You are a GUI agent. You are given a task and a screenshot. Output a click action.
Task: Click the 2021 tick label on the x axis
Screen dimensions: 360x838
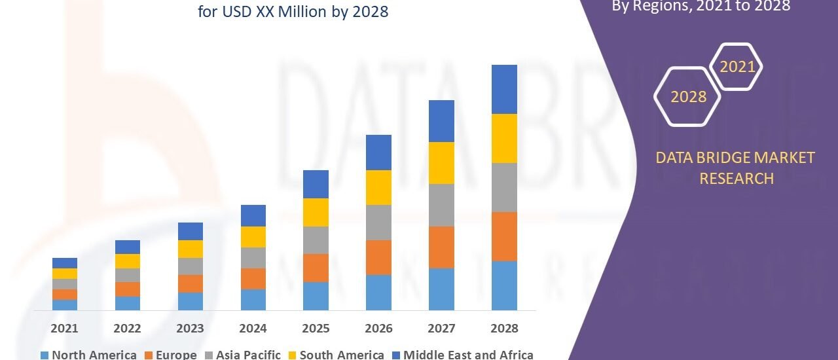[x=64, y=328]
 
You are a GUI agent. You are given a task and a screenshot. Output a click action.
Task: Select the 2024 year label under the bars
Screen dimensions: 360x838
[x=253, y=328]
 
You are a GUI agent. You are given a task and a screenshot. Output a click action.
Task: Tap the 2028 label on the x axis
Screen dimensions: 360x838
[x=504, y=328]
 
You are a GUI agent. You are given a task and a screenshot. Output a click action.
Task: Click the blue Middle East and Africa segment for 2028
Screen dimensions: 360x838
[x=504, y=89]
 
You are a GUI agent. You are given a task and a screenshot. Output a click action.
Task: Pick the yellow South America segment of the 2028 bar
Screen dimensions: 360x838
[x=504, y=138]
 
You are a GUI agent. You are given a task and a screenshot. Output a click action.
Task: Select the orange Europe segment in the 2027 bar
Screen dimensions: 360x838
[x=441, y=247]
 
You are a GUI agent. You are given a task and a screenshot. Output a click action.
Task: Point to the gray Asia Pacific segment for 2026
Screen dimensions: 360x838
[x=378, y=223]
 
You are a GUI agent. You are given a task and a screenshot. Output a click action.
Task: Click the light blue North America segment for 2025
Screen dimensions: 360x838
[x=316, y=296]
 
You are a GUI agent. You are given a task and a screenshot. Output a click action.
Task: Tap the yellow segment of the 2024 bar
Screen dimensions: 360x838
[x=253, y=237]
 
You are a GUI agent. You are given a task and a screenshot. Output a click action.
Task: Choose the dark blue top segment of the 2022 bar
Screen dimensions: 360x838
[x=127, y=247]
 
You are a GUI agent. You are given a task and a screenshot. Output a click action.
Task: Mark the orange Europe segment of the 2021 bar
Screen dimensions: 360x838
[x=64, y=295]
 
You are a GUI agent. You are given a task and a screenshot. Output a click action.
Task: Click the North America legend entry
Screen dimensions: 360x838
[x=88, y=355]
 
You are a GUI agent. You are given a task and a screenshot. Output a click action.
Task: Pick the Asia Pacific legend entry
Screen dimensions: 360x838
[x=244, y=355]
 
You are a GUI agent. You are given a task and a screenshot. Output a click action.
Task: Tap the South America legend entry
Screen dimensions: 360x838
[x=336, y=355]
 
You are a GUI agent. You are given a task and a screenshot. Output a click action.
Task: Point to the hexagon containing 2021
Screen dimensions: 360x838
[x=737, y=67]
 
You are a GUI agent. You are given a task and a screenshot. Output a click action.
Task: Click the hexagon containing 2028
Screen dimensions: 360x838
[x=688, y=97]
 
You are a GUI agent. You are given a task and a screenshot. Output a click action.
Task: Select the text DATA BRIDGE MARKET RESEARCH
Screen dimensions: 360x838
[x=737, y=168]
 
